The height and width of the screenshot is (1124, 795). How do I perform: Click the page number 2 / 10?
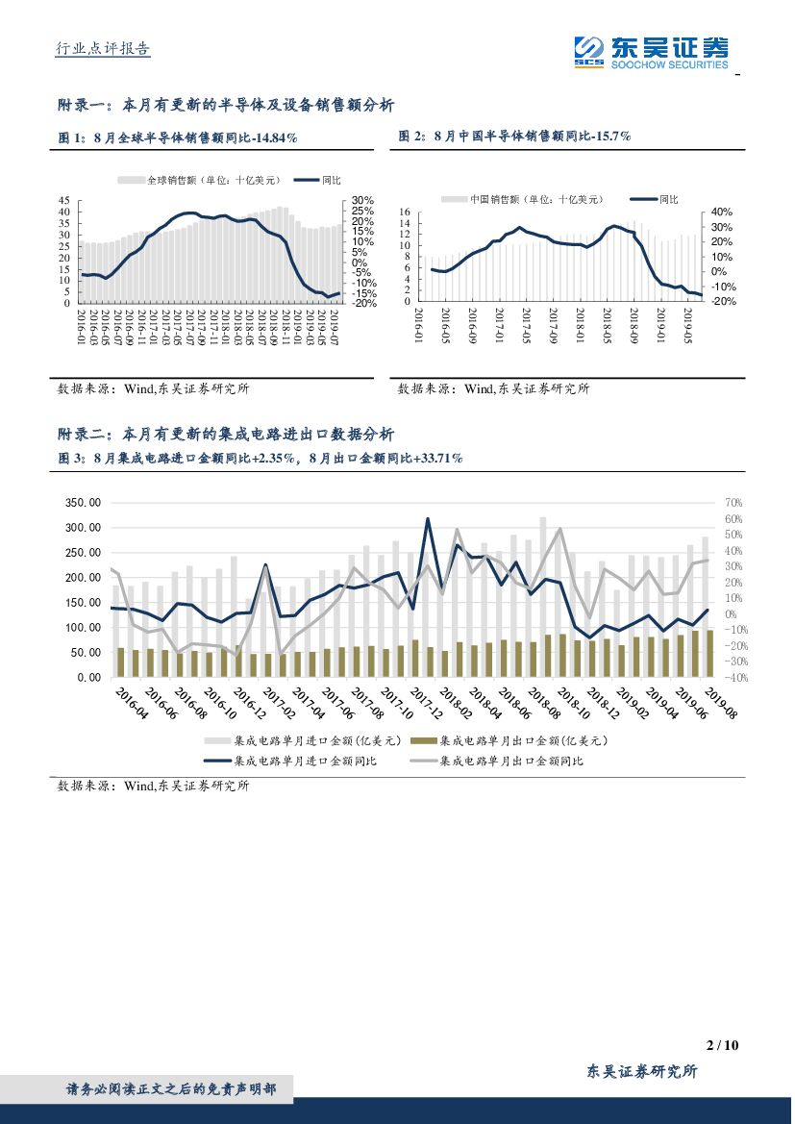tap(721, 1045)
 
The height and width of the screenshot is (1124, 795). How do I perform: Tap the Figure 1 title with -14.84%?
tap(178, 138)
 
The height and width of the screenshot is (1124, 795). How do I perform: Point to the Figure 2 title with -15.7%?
tap(514, 137)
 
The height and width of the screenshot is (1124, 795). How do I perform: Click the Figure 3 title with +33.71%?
tap(261, 460)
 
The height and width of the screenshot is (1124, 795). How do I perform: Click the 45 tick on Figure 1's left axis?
tap(64, 200)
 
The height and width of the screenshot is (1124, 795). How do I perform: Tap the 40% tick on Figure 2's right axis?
tap(722, 212)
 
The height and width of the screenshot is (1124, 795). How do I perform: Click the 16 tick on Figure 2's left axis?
tap(405, 212)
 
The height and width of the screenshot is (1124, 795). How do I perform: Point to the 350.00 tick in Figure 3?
tap(80, 503)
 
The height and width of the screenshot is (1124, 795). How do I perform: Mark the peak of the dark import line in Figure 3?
tap(427, 519)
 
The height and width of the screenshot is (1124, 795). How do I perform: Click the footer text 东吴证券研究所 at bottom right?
tap(641, 1072)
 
